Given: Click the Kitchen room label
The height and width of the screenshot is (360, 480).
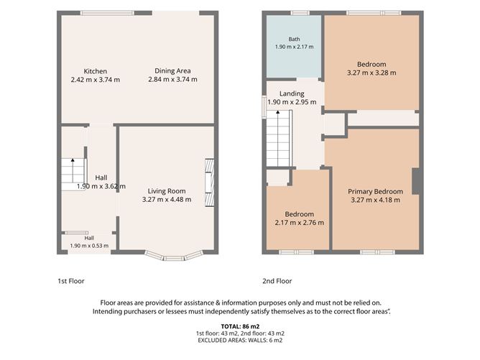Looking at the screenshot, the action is pos(95,71).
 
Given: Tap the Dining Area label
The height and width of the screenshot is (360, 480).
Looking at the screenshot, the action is pos(172,70).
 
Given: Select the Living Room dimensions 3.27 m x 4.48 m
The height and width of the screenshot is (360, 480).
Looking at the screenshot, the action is pos(167,200).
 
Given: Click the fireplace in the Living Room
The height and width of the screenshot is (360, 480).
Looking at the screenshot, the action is pos(210,183).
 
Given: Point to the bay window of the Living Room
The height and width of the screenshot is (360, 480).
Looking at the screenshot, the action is pos(174,257).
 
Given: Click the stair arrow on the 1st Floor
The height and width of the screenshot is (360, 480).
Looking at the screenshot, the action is pos(73,170).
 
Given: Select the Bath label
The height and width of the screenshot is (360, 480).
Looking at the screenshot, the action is pos(294,40).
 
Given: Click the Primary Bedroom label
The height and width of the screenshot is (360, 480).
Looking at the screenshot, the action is pos(375,192).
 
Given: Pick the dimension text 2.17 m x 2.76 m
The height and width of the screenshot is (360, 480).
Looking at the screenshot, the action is pos(300,223).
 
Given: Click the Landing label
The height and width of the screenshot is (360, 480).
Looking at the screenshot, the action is pos(292,93).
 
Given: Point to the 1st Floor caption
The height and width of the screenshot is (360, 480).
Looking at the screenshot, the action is pos(71,281).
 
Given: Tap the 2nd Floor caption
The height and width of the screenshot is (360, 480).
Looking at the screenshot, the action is pos(277,281).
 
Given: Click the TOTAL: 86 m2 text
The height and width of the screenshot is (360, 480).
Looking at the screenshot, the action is pos(240,326).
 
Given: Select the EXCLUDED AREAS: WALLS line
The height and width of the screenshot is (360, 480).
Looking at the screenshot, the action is pos(240,340).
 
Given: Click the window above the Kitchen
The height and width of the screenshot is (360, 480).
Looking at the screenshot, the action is pos(108,13).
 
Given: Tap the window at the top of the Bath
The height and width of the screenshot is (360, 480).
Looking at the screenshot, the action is pos(300,13).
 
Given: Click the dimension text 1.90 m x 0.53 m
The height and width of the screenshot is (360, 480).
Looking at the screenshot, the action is pos(89,246).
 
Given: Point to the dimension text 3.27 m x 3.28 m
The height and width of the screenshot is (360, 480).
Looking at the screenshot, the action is pos(371,73).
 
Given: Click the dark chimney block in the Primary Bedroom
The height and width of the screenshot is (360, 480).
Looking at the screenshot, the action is pos(415,181).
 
